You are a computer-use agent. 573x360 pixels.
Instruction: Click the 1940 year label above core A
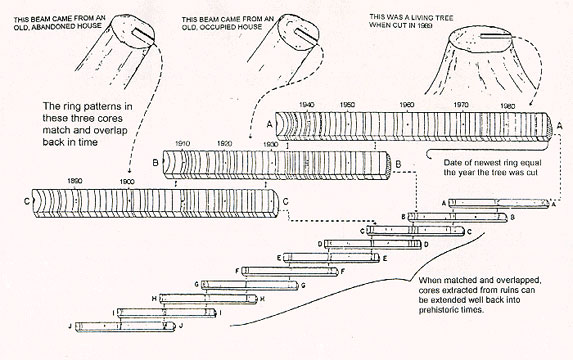[x=306, y=105]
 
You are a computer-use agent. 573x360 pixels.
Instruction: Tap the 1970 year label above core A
[x=461, y=105]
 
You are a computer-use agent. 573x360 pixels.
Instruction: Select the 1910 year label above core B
[x=182, y=144]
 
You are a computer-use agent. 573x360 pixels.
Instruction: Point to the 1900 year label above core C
[x=127, y=182]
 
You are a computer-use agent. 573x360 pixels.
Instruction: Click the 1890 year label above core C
[x=75, y=181]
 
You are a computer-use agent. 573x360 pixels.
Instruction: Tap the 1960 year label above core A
[x=407, y=105]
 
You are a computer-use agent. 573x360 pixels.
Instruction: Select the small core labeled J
[x=126, y=326]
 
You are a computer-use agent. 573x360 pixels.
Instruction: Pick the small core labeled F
[x=289, y=271]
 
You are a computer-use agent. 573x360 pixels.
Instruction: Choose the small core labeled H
[x=208, y=299]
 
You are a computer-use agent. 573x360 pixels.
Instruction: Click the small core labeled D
[x=373, y=244]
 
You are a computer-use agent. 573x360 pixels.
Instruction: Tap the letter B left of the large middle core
[x=156, y=163]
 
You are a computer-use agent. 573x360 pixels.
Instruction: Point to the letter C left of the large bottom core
[x=26, y=201]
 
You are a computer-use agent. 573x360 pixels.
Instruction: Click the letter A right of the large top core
[x=559, y=126]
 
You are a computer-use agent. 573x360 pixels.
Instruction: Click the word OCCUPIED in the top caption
[x=220, y=27]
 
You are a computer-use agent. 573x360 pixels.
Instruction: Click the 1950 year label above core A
[x=347, y=105]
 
